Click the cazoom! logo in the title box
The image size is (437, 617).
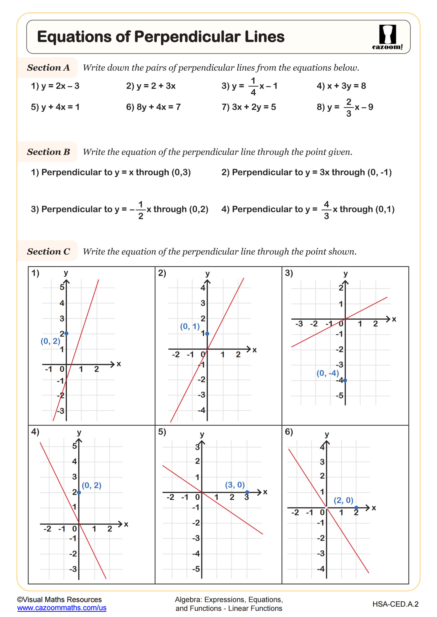[x=387, y=37]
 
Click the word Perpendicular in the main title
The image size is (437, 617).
[x=187, y=37]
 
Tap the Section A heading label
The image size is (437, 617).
[x=48, y=67]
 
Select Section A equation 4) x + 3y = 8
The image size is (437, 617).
[x=341, y=86]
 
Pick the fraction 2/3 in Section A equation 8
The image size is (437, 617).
[x=348, y=107]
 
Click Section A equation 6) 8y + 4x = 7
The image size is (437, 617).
[x=153, y=107]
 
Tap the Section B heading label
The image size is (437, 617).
[x=48, y=152]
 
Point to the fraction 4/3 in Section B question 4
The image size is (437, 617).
[x=326, y=210]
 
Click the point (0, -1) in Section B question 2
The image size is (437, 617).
[x=379, y=172]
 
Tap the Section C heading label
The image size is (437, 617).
[x=48, y=252]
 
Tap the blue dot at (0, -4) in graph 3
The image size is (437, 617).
[x=345, y=380]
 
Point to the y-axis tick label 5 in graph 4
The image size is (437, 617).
[x=75, y=446]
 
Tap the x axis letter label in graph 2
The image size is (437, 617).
[x=255, y=350]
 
